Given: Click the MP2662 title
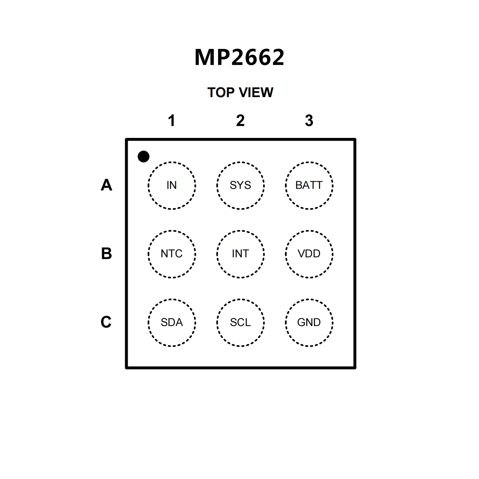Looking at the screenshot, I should (239, 57).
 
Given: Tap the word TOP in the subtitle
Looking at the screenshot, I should (221, 92).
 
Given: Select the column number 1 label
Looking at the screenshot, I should (172, 120).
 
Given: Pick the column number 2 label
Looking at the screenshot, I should (240, 120).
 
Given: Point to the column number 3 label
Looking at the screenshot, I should (309, 120).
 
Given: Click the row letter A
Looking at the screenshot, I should (106, 185).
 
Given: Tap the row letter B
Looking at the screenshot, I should (106, 253).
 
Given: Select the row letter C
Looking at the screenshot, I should (106, 322).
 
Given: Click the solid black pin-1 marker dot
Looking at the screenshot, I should (144, 156).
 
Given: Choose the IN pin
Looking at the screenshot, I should (172, 185).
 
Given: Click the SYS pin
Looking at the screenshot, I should (240, 185).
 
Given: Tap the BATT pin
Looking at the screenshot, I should (309, 185).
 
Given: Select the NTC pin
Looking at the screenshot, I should (172, 254).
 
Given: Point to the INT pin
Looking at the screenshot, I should (240, 254).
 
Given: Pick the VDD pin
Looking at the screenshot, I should (309, 254).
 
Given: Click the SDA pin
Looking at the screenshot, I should (172, 322).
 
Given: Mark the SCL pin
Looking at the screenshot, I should (240, 322).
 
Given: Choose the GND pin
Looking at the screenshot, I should (309, 322).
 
